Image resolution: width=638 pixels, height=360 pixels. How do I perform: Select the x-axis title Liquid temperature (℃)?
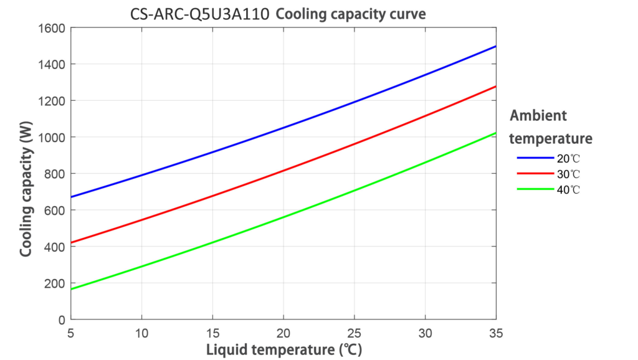284,349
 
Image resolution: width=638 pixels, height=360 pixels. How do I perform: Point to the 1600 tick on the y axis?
53,28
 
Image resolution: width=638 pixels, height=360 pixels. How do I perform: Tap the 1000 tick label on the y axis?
53,137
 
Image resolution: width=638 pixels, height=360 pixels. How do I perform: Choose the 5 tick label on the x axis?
72,332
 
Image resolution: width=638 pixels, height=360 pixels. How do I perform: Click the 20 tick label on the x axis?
284,332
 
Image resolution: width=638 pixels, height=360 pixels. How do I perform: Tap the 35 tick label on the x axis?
496,332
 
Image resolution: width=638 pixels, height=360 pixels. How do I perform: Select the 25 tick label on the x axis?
355,332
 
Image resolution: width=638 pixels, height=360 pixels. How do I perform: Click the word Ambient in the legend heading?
538,116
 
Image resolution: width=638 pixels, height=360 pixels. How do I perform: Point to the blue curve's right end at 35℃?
495,46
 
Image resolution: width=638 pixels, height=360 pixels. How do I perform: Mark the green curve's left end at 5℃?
72,289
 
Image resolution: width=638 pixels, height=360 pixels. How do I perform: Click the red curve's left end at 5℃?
72,243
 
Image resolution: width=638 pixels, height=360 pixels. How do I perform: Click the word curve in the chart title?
408,14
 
